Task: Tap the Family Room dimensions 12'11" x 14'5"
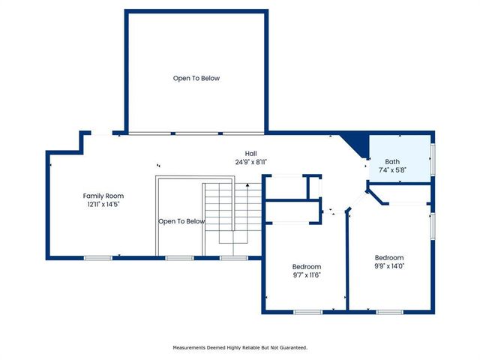point(103,203)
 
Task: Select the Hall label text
point(250,152)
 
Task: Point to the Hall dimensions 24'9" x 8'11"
point(250,161)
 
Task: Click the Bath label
point(392,161)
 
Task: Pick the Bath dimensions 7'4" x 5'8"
point(392,170)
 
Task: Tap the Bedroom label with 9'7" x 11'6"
point(306,267)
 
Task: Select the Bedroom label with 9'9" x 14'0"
point(389,256)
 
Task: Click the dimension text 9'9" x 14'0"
point(389,265)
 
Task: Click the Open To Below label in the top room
point(196,78)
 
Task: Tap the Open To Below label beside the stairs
point(181,221)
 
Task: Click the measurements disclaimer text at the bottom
point(240,347)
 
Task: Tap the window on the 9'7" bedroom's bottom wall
point(307,312)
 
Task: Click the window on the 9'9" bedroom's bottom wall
point(389,312)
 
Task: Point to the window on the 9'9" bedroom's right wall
point(432,225)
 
